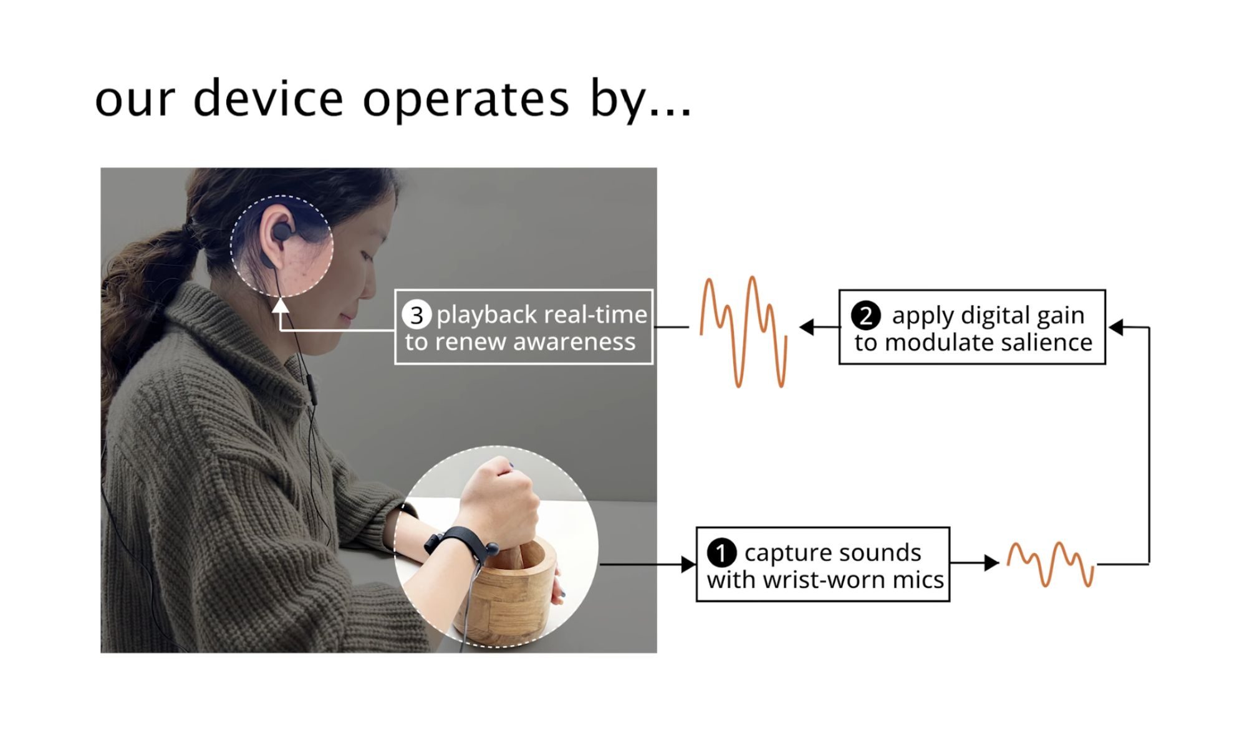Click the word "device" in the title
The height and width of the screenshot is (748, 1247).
[268, 98]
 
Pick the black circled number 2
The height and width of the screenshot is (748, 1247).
[865, 316]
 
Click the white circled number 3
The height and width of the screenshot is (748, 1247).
[416, 315]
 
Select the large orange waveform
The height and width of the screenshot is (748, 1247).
[743, 332]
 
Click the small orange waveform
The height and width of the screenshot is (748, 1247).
[1051, 564]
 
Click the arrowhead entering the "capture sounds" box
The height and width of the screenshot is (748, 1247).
[688, 565]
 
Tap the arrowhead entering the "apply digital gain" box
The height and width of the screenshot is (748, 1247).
[1117, 327]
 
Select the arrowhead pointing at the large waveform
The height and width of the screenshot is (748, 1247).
[807, 327]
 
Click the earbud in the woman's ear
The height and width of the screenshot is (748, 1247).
[281, 234]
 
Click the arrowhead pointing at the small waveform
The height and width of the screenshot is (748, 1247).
[991, 563]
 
